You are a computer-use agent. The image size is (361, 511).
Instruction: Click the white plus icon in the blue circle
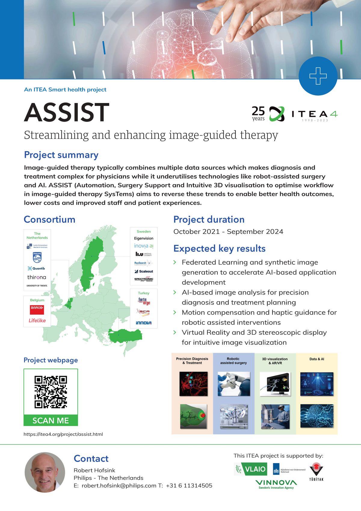(318, 76)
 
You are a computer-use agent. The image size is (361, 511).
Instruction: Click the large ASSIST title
(66, 113)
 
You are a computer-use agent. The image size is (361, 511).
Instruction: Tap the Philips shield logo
(37, 257)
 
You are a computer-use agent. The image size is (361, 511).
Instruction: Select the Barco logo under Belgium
(37, 309)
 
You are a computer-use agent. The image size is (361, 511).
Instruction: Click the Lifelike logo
(37, 320)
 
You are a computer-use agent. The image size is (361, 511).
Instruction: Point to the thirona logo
(37, 277)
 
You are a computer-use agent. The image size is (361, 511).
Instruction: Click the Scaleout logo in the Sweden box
(144, 271)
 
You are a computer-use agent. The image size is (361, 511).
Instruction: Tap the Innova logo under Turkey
(144, 323)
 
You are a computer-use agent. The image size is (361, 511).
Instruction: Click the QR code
(51, 392)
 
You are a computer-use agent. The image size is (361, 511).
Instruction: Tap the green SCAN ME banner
(51, 420)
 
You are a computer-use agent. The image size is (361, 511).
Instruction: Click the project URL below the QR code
(63, 434)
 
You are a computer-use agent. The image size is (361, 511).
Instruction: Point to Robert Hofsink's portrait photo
(45, 472)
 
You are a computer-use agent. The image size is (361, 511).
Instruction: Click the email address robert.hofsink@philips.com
(119, 485)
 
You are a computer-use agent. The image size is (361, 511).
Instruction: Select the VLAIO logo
(250, 469)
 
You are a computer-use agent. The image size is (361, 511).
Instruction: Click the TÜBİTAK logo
(316, 472)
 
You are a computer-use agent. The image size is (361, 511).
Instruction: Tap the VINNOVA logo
(276, 484)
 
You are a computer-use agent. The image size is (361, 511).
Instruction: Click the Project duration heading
(209, 220)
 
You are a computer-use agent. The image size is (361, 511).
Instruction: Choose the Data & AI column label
(317, 359)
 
